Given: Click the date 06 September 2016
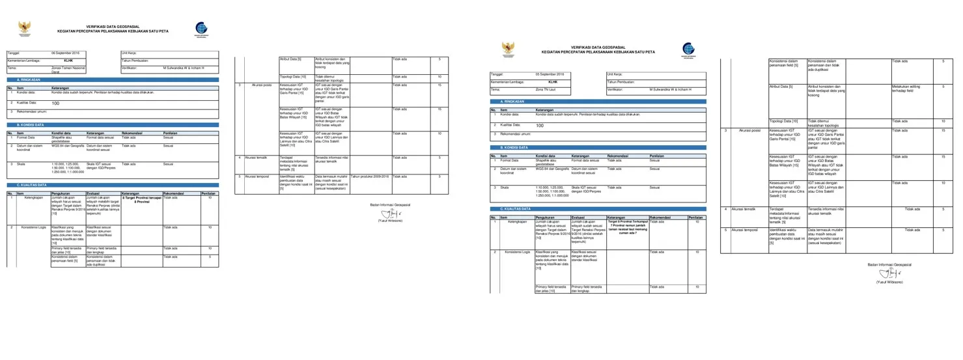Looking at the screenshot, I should click(x=65, y=52).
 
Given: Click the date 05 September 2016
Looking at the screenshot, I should click(x=549, y=74).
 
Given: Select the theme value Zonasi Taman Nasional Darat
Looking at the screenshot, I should click(x=68, y=70).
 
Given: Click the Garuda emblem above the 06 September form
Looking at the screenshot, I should click(x=25, y=28).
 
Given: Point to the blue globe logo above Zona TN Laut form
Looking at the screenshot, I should click(x=688, y=49).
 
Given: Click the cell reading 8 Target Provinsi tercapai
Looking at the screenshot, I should click(x=141, y=199).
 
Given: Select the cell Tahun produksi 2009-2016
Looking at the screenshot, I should click(x=370, y=176).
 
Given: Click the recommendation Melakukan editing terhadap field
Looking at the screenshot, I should click(x=906, y=88).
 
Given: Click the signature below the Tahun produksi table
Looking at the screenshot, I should click(x=389, y=213).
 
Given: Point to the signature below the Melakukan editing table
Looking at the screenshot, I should click(x=888, y=274).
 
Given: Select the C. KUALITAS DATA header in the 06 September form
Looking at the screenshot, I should click(x=32, y=185).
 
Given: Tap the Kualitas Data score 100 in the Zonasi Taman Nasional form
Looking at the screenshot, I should click(x=56, y=104).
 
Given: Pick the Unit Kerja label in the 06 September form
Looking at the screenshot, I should click(x=128, y=52).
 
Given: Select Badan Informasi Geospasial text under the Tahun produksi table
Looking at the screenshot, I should click(x=390, y=204).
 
